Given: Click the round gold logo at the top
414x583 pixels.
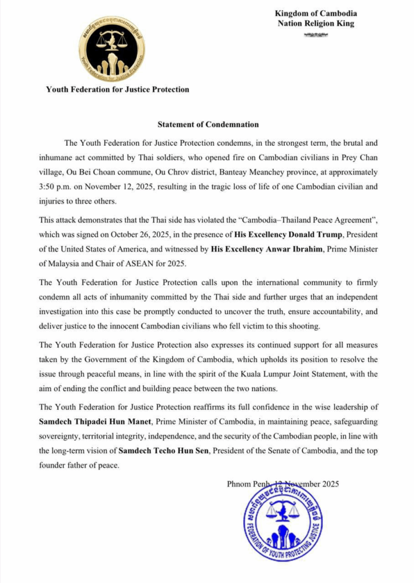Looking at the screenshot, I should [x=112, y=48].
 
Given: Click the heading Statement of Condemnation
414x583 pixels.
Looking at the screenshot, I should [x=208, y=124].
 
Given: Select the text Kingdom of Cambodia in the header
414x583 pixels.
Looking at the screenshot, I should [x=316, y=13].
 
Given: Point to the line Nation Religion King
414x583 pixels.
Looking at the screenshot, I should [x=316, y=23].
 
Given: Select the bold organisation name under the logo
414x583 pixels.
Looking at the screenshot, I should [x=117, y=89].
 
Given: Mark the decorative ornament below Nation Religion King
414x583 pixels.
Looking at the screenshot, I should [x=316, y=35].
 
